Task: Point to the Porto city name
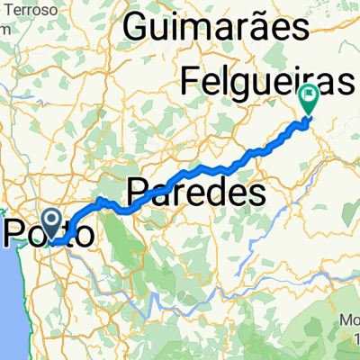click(50, 236)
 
